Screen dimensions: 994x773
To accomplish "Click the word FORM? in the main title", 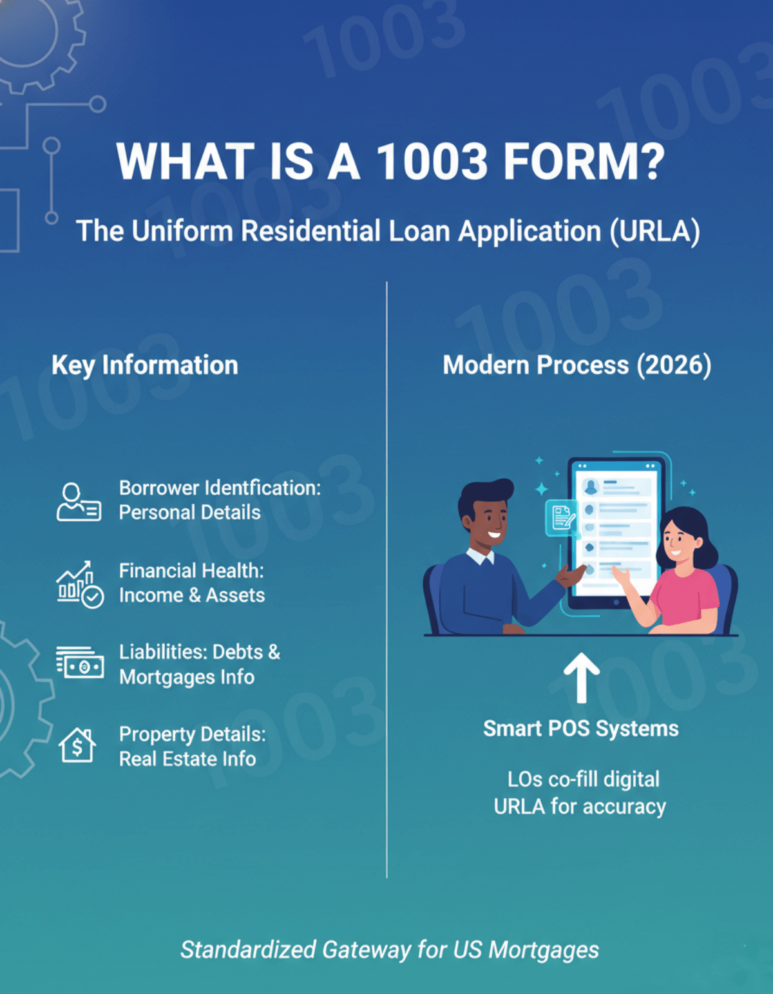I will [x=583, y=161].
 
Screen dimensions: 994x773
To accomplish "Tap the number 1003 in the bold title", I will [x=432, y=161].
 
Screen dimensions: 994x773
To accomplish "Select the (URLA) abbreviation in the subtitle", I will [x=654, y=231].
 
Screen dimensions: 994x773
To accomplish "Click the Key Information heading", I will [x=145, y=365].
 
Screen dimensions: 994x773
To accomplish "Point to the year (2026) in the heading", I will [x=674, y=365].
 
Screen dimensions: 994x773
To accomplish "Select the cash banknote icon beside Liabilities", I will [x=80, y=664].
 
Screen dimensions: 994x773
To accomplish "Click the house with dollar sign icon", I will [x=77, y=745].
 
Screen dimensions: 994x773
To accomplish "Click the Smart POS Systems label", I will [x=580, y=729].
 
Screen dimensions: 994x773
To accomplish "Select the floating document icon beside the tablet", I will [x=562, y=517].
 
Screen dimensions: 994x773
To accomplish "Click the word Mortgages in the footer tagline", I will [x=544, y=950].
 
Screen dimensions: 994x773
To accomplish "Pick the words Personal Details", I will [x=189, y=513].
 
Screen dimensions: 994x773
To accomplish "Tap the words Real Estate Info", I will [x=187, y=759].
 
